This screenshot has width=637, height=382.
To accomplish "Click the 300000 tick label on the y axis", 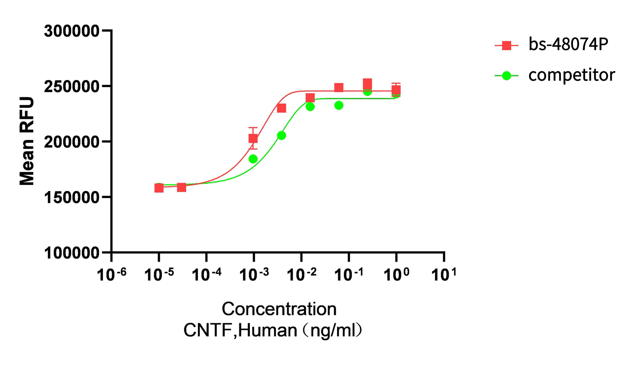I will [71, 31].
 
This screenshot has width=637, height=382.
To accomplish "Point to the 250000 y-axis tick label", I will [71, 87].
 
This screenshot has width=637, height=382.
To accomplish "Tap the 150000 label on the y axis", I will [71, 198].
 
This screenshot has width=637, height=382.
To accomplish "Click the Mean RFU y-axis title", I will [27, 141].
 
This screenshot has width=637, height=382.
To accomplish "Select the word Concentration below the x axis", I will [279, 309].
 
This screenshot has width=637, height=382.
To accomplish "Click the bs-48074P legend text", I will [568, 44].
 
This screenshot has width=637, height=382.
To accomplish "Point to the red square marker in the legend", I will [506, 45].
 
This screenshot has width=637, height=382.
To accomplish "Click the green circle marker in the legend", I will [506, 76].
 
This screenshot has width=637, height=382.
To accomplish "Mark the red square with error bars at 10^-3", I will [253, 139].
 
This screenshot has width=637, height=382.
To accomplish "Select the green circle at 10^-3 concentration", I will [253, 159].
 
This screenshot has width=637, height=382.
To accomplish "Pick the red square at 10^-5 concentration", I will [159, 188].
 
